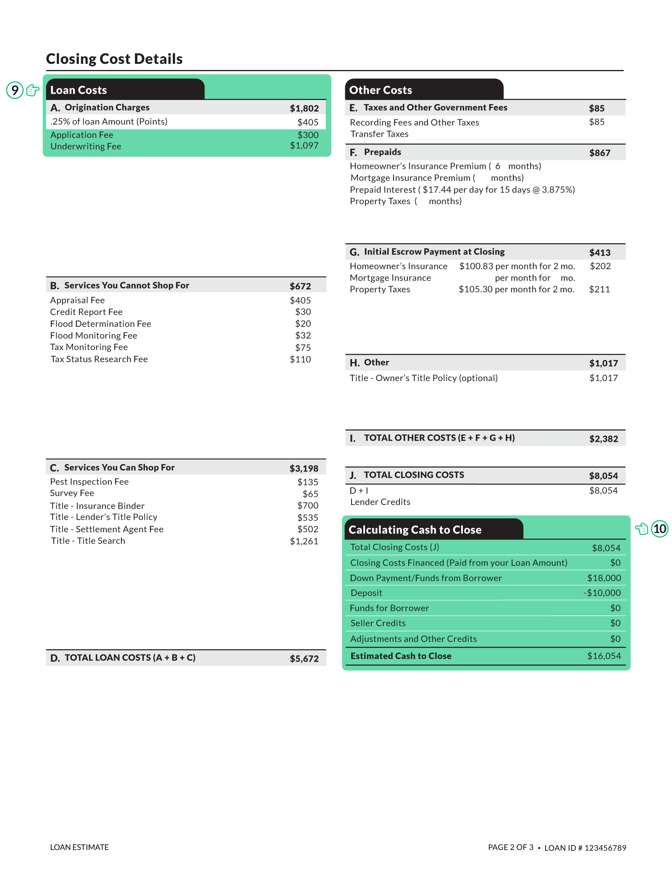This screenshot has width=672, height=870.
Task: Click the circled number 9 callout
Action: [15, 90]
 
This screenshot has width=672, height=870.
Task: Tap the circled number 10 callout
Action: [659, 528]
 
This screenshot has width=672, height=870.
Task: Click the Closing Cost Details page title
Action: [114, 59]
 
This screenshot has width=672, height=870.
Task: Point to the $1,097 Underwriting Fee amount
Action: [304, 146]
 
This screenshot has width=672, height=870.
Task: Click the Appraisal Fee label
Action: [77, 300]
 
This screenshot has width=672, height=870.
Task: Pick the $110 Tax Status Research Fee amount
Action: [300, 360]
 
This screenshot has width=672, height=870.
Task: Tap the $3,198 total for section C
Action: [304, 468]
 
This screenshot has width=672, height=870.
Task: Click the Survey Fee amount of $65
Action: [310, 494]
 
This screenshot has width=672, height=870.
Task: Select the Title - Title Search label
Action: [88, 541]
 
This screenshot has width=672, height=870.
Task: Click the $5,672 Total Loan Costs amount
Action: [304, 659]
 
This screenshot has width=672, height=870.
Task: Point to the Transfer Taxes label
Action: [379, 134]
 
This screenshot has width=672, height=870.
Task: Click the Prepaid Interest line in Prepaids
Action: [462, 190]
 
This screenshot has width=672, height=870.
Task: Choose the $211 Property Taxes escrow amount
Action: [599, 289]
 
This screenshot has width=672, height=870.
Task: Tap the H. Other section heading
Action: [370, 363]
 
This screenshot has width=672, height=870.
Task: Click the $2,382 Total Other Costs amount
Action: [604, 439]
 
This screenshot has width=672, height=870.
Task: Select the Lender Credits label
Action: [380, 502]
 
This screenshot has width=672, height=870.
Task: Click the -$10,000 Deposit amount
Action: [602, 593]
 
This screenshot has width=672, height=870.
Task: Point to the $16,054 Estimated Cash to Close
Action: [604, 656]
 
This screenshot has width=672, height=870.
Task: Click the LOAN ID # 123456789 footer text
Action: [585, 848]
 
